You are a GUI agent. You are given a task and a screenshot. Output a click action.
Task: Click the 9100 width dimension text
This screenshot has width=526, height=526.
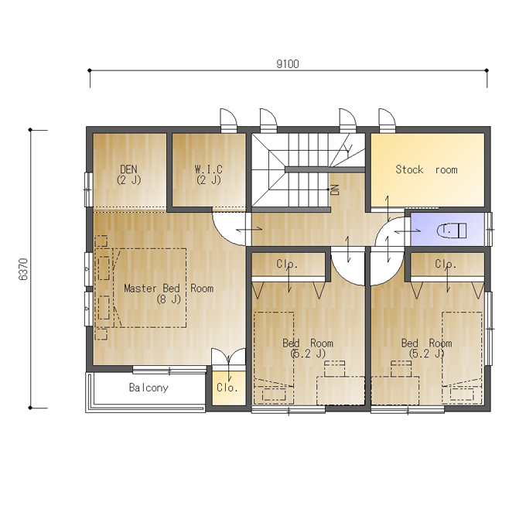(x=288, y=63)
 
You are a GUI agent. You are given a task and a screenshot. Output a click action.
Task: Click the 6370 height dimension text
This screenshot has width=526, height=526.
(x=23, y=269)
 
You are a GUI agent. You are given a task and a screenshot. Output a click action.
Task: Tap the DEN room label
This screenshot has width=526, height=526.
(x=128, y=169)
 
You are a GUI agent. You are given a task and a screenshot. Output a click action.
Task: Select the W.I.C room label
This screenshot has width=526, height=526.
(x=208, y=169)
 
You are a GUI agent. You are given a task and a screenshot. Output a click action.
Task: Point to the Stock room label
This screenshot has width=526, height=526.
(x=426, y=169)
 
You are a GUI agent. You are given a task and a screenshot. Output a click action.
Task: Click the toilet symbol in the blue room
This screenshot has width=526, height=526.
(x=452, y=231)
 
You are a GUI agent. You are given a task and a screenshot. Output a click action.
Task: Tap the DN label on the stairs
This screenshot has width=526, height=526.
(x=335, y=190)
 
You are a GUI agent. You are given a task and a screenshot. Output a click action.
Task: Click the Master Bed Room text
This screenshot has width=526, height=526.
(x=169, y=289)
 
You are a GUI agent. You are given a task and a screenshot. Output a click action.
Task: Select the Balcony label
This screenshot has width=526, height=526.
(x=149, y=388)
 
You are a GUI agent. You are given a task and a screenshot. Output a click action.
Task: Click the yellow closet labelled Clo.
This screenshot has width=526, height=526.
(x=228, y=388)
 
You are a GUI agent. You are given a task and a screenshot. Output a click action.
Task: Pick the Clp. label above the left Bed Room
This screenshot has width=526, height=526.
(x=287, y=264)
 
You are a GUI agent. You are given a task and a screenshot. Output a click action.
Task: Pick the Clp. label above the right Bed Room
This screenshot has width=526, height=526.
(x=446, y=264)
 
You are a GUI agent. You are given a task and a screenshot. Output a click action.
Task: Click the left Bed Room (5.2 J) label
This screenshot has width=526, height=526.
(x=308, y=348)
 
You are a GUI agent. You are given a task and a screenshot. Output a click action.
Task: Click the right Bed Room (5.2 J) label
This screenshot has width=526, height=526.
(x=427, y=348)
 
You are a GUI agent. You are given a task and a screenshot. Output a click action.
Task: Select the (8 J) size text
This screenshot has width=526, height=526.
(x=169, y=299)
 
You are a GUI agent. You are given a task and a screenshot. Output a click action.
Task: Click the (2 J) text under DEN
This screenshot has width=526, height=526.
(x=129, y=179)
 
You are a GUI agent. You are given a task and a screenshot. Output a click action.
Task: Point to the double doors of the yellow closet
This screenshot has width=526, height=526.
(x=228, y=357)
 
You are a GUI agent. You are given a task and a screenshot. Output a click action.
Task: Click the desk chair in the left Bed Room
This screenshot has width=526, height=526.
(x=334, y=368)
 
